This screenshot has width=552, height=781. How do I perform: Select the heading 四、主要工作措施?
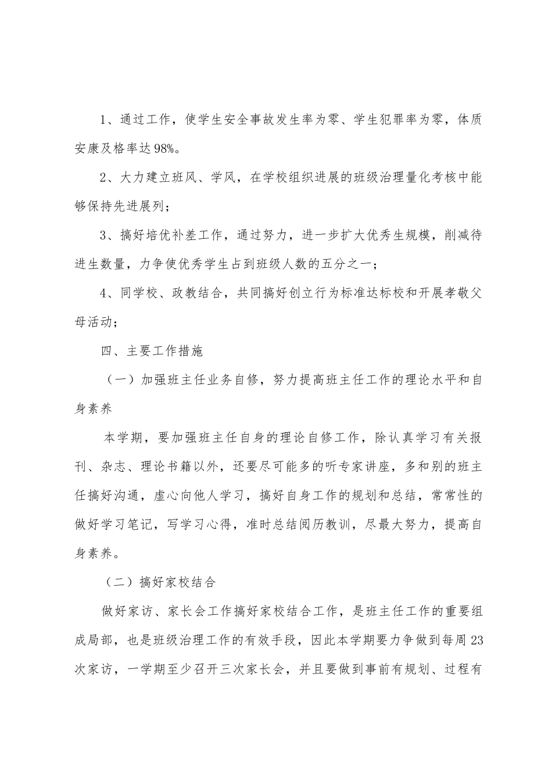[151, 351]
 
